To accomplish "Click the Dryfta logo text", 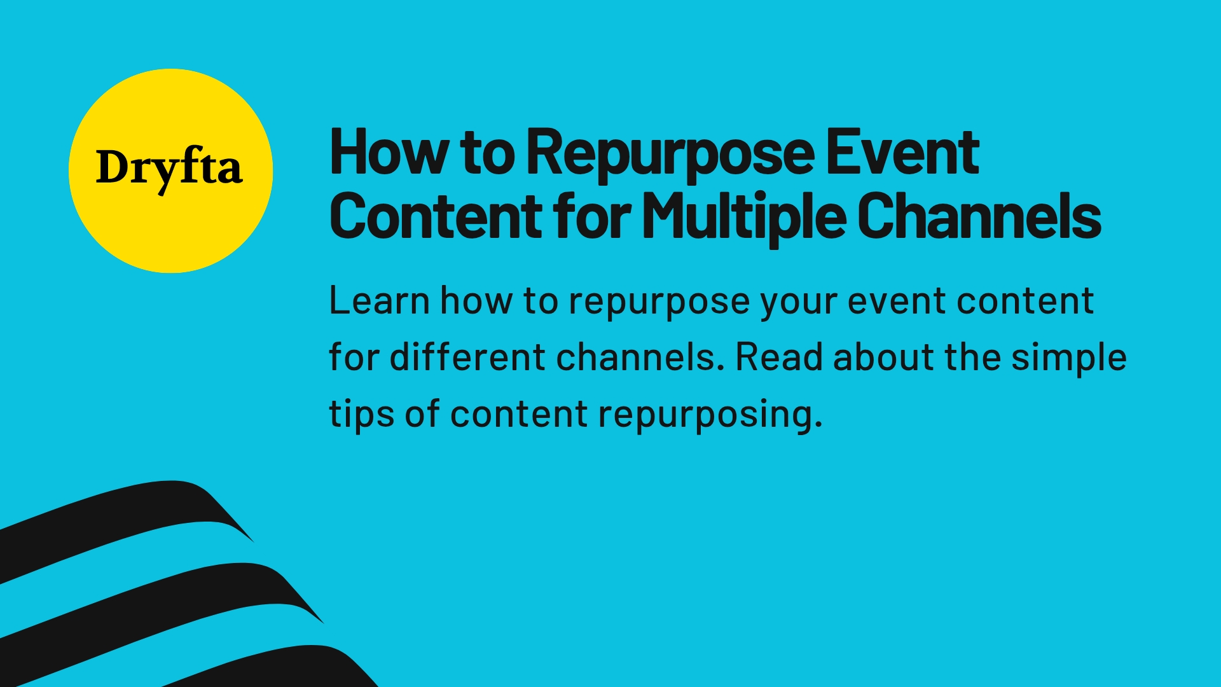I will (169, 169).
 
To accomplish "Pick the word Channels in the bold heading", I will (979, 216).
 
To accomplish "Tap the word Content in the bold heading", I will (436, 216).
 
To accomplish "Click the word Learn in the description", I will (379, 300).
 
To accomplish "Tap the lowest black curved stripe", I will (286, 668).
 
